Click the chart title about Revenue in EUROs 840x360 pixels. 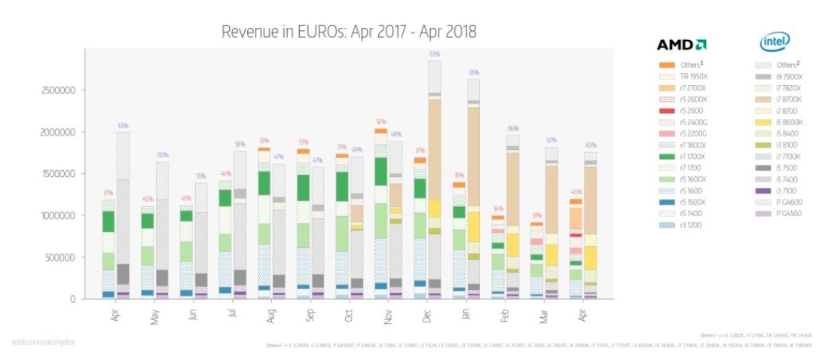point(349,32)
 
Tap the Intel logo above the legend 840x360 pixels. point(774,43)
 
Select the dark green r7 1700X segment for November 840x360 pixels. point(381,170)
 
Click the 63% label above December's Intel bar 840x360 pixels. point(435,54)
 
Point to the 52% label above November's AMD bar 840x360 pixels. point(381,121)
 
